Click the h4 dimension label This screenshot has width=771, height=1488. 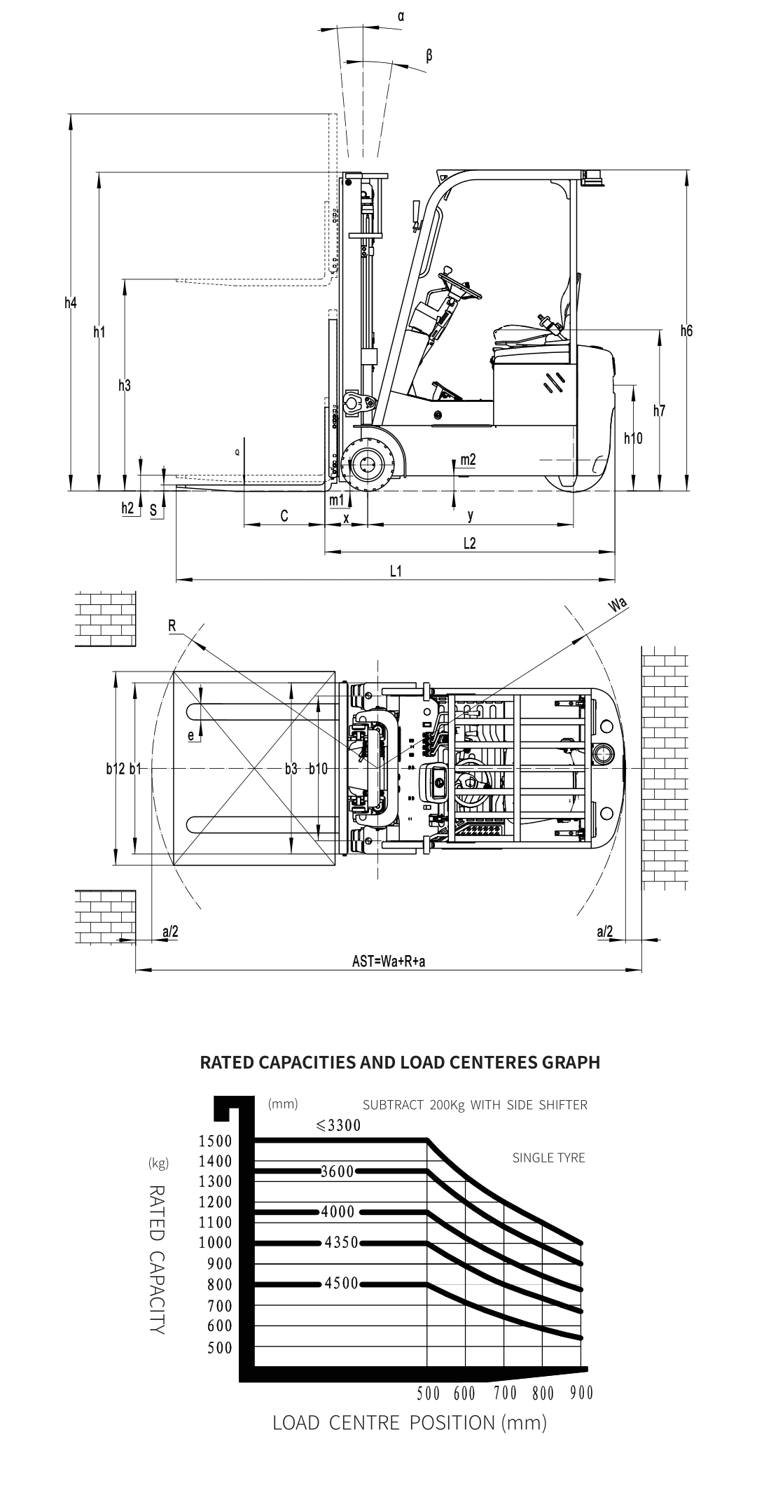70,303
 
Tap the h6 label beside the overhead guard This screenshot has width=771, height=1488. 686,331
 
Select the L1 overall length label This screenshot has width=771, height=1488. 396,571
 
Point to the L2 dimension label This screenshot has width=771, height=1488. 469,543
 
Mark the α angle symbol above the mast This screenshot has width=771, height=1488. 401,15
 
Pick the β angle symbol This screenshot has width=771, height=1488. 429,55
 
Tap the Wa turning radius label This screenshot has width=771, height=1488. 618,606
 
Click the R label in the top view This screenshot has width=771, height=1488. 172,626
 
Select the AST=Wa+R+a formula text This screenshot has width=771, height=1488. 389,961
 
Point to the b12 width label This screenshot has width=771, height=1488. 116,769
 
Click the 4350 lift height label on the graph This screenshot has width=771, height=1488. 342,1243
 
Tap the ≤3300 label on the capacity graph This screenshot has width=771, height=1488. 338,1125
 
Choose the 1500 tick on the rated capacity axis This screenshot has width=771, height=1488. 215,1141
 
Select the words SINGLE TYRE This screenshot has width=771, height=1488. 548,1157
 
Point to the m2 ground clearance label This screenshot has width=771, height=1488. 468,460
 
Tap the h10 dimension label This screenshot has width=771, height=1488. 633,438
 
